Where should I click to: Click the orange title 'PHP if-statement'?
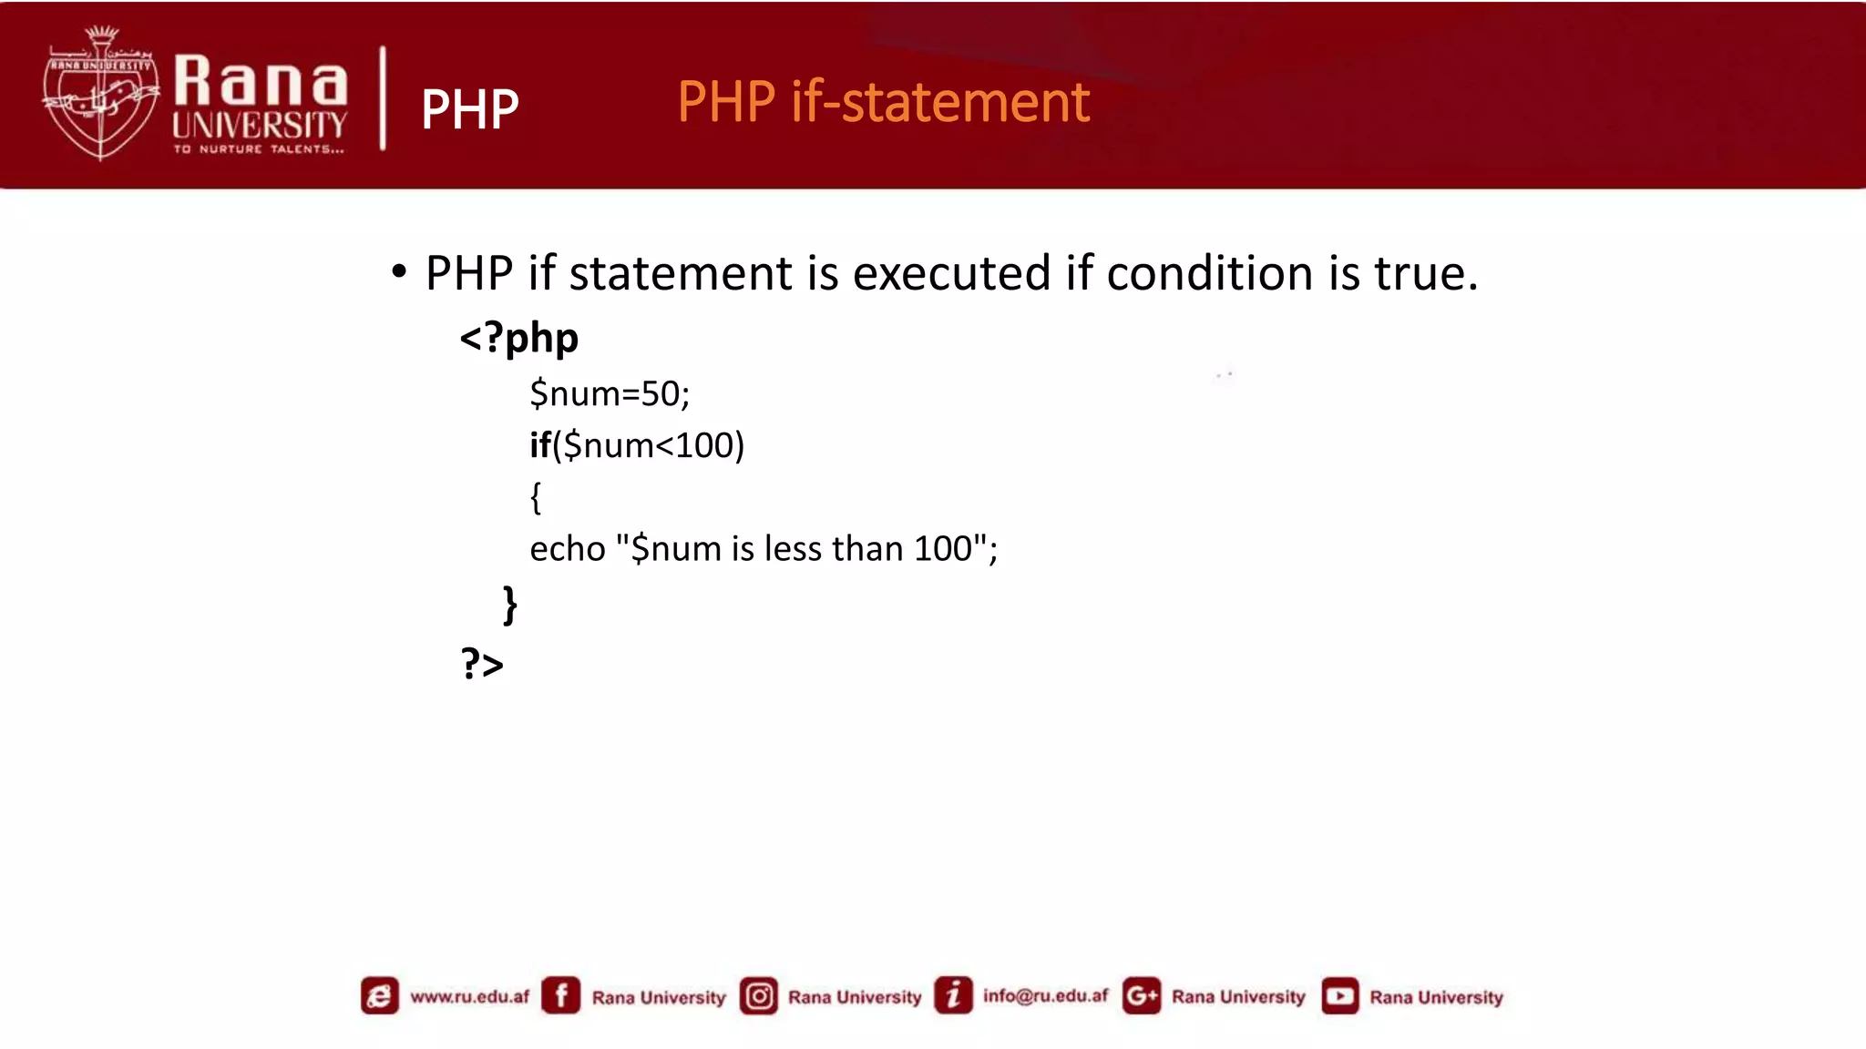pyautogui.click(x=883, y=102)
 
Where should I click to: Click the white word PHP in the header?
pyautogui.click(x=469, y=110)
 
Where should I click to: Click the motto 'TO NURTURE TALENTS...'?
pyautogui.click(x=260, y=149)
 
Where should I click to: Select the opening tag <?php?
pyautogui.click(x=518, y=338)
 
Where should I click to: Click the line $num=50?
pyautogui.click(x=610, y=394)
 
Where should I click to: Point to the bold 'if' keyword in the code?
pyautogui.click(x=539, y=445)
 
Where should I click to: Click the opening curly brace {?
pyautogui.click(x=536, y=497)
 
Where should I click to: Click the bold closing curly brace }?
pyautogui.click(x=510, y=605)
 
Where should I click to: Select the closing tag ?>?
pyautogui.click(x=482, y=664)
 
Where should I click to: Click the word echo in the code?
pyautogui.click(x=567, y=549)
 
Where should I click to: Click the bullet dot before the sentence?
pyautogui.click(x=398, y=271)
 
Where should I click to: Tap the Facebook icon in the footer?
pyautogui.click(x=560, y=995)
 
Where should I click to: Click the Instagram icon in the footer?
pyautogui.click(x=759, y=996)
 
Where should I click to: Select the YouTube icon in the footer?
pyautogui.click(x=1339, y=996)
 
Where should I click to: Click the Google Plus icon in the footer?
pyautogui.click(x=1141, y=996)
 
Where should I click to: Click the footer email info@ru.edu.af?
pyautogui.click(x=1045, y=996)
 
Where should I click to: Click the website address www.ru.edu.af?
pyautogui.click(x=469, y=996)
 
